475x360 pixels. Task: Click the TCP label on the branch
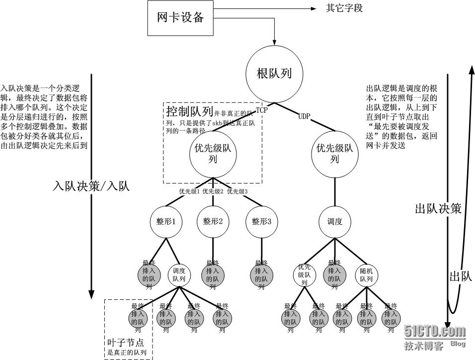pyautogui.click(x=261, y=110)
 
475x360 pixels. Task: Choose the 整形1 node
pyautogui.click(x=166, y=222)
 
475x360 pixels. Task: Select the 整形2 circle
pyautogui.click(x=213, y=222)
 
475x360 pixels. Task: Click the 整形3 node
pyautogui.click(x=261, y=222)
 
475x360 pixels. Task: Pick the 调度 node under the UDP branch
pyautogui.click(x=334, y=222)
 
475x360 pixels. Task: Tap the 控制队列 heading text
pyautogui.click(x=189, y=110)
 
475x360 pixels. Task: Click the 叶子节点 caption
pyautogui.click(x=123, y=343)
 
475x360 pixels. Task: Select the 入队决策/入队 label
pyautogui.click(x=91, y=186)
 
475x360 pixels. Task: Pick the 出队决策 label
pyautogui.click(x=438, y=209)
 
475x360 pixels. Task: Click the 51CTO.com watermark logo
pyautogui.click(x=435, y=332)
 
